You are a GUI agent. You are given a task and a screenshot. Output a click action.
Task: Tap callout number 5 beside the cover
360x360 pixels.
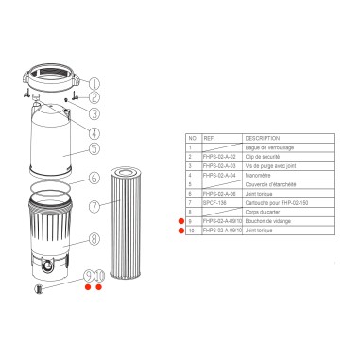[94, 147]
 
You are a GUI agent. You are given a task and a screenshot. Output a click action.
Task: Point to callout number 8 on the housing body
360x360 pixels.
[94, 239]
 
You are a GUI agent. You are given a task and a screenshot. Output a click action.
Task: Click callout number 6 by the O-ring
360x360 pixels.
[94, 177]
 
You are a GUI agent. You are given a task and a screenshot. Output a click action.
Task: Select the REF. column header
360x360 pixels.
[209, 138]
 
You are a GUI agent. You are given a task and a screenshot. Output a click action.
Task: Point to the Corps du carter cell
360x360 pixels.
[262, 212]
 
